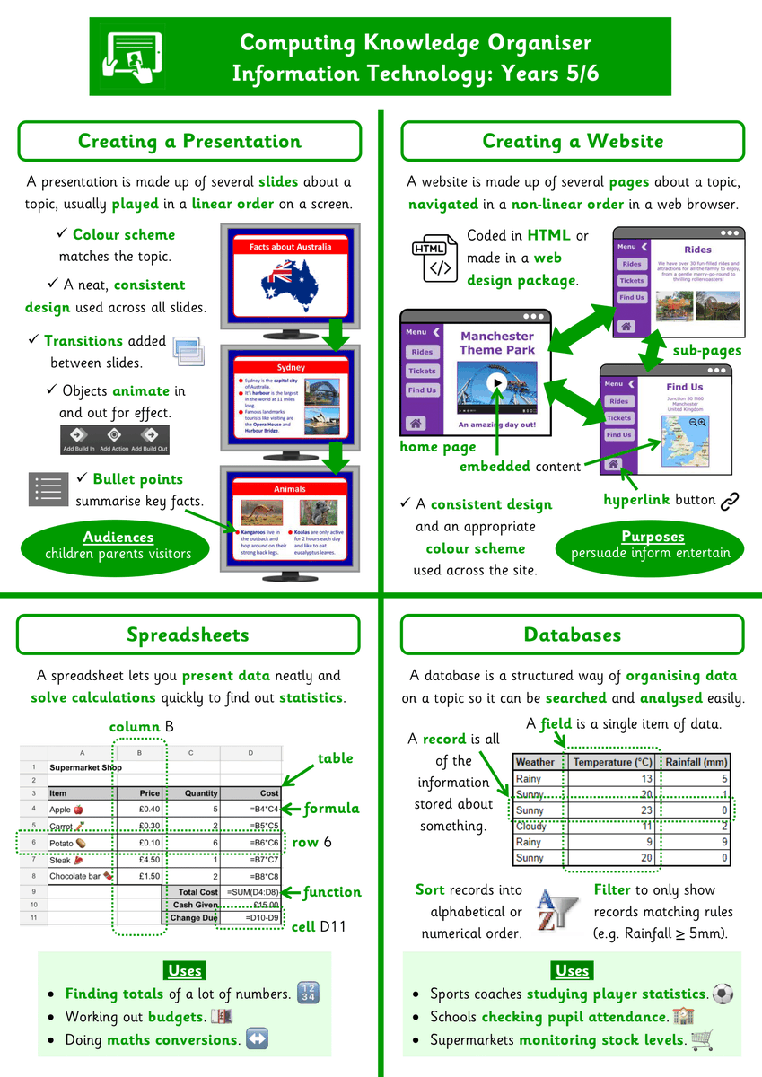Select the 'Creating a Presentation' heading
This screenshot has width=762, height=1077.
click(x=189, y=141)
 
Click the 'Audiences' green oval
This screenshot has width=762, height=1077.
click(x=118, y=545)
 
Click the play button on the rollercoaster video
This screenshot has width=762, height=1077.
click(x=496, y=382)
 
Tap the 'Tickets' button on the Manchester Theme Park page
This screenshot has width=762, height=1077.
click(x=422, y=371)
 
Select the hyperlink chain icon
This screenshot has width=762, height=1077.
click(x=730, y=500)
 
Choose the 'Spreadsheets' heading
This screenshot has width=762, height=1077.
click(x=188, y=635)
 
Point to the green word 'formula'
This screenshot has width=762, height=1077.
click(x=331, y=808)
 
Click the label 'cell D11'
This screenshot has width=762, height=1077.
click(x=319, y=926)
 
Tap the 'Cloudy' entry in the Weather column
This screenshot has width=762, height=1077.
click(x=530, y=826)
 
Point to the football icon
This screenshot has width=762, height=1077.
click(x=723, y=994)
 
